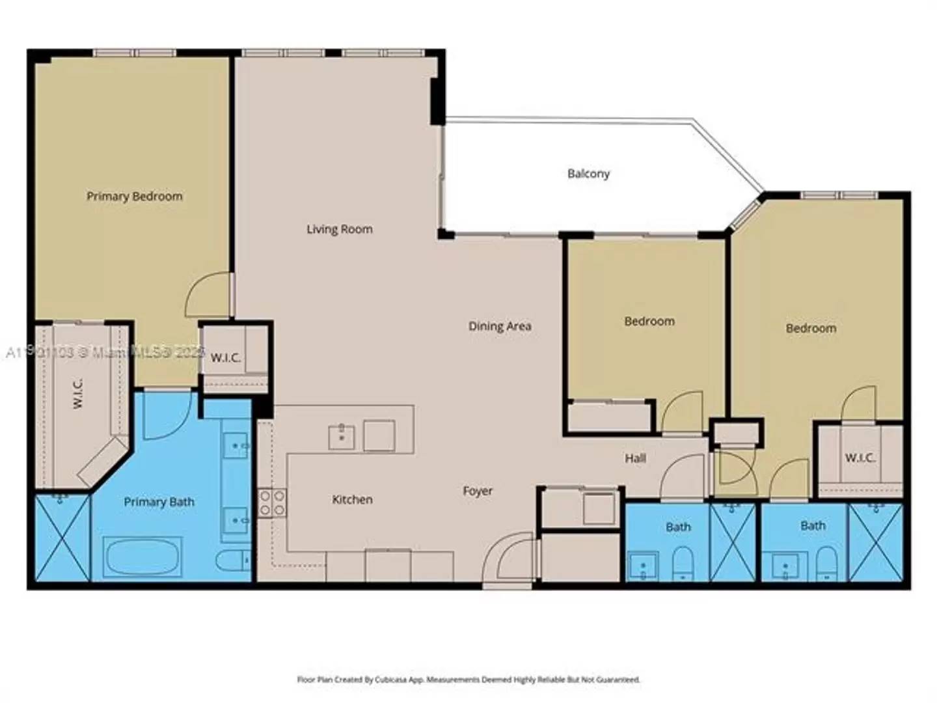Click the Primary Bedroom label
tap(135, 196)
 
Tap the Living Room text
tap(339, 229)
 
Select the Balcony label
tap(588, 174)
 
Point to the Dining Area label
tap(500, 326)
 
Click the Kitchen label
tap(352, 499)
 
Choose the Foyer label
tap(478, 491)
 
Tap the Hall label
tap(635, 458)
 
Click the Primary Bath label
tap(159, 502)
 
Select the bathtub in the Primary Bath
tap(142, 557)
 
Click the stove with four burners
tap(272, 503)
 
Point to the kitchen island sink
tap(342, 436)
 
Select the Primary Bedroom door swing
tap(210, 296)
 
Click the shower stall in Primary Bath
tap(62, 537)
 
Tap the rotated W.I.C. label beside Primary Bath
tap(77, 393)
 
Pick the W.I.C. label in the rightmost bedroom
tap(860, 458)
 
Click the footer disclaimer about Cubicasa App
tap(468, 680)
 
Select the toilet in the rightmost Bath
tap(826, 562)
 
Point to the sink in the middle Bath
tap(643, 566)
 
